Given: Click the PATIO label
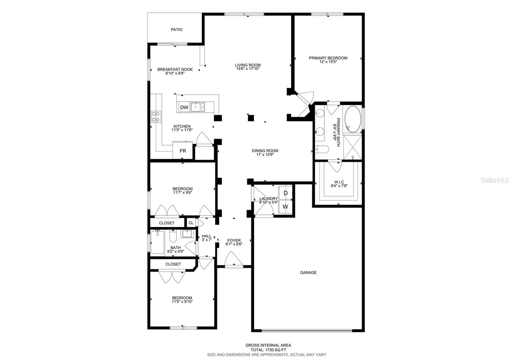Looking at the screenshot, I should (177, 30).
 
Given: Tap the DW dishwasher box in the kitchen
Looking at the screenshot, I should (184, 107).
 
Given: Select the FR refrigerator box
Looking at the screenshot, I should (183, 151).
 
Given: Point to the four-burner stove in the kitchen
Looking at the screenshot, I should (156, 117).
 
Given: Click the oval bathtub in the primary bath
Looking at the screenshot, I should (353, 119).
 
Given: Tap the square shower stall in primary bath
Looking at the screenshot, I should (353, 147).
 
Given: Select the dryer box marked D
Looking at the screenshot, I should (286, 193).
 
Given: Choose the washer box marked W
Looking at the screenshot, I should (286, 206).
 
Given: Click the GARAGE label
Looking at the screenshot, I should (308, 273).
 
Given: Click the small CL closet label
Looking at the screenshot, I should (191, 223).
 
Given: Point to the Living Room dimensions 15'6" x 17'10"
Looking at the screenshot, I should (248, 69).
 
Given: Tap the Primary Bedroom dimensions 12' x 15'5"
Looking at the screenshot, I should (328, 62).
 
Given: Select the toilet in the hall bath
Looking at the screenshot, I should (173, 237).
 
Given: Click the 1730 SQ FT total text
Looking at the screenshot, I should (268, 350).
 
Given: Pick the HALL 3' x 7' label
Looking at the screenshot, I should (207, 238).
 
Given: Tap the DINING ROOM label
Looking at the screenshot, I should (265, 151).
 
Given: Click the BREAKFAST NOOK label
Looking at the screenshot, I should (175, 69).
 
